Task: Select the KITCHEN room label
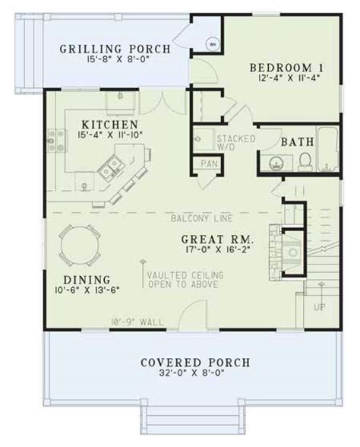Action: pyautogui.click(x=112, y=122)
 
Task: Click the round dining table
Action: pyautogui.click(x=77, y=243)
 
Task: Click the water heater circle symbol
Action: pyautogui.click(x=213, y=43)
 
